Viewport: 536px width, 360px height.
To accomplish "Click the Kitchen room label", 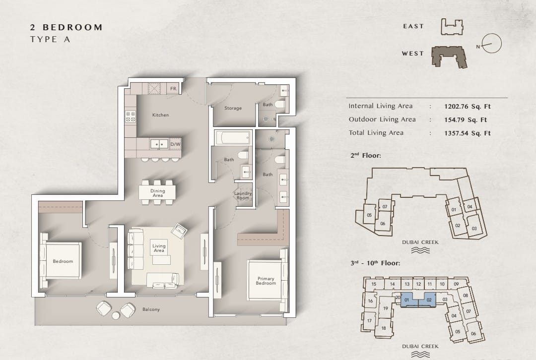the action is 160,115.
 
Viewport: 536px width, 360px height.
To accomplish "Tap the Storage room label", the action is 233,108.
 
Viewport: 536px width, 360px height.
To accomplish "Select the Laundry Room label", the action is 243,195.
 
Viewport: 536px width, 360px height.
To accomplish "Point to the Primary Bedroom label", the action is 266,281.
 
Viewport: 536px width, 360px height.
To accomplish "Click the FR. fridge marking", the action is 174,89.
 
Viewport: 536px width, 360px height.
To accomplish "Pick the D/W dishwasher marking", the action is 175,144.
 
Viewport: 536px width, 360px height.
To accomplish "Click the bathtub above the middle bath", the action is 232,138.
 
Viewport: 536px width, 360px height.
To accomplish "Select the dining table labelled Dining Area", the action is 157,192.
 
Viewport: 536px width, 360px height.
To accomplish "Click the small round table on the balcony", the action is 116,315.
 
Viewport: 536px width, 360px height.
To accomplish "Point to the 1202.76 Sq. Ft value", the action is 468,106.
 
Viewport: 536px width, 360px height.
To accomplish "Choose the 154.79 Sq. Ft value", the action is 466,120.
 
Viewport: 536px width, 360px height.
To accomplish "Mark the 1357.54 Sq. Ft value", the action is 468,133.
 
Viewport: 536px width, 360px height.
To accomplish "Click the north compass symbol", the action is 491,44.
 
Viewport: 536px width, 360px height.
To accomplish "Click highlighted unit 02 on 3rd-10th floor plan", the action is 428,300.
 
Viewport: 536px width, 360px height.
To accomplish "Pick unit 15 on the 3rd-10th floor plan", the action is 374,284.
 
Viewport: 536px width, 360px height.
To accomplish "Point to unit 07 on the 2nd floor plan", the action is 385,206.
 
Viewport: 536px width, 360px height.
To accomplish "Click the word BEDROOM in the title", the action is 72,27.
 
